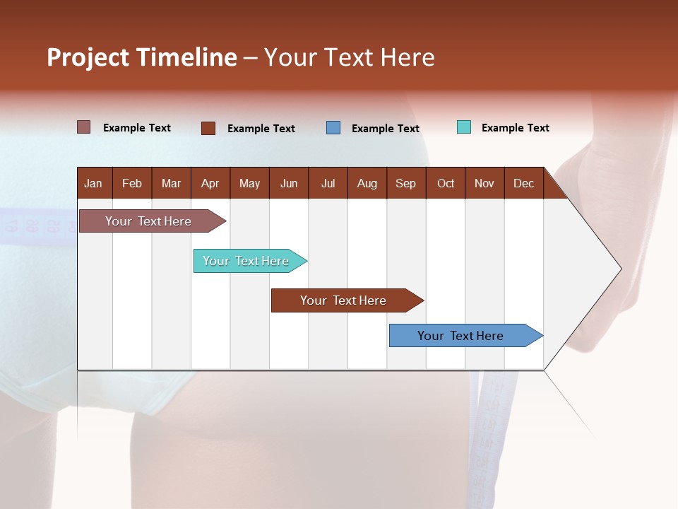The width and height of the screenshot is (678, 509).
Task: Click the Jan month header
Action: [94, 183]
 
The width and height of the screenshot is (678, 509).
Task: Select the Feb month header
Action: [132, 183]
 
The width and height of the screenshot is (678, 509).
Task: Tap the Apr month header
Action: [210, 183]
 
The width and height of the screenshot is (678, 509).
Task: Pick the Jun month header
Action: [289, 183]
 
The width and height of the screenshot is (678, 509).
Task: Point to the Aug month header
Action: [367, 183]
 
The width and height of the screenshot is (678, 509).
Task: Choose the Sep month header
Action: [406, 183]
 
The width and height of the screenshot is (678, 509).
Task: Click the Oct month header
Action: [446, 183]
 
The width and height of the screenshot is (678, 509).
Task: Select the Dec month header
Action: [524, 183]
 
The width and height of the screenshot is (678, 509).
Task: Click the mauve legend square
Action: [84, 127]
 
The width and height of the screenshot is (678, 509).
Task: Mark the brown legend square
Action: [208, 128]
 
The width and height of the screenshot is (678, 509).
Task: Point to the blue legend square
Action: [333, 128]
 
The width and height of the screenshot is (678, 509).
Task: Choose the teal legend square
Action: [464, 127]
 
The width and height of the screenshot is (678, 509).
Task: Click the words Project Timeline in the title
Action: [142, 57]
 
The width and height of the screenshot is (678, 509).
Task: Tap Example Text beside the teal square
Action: [515, 128]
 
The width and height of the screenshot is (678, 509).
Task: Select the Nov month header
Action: [484, 183]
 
